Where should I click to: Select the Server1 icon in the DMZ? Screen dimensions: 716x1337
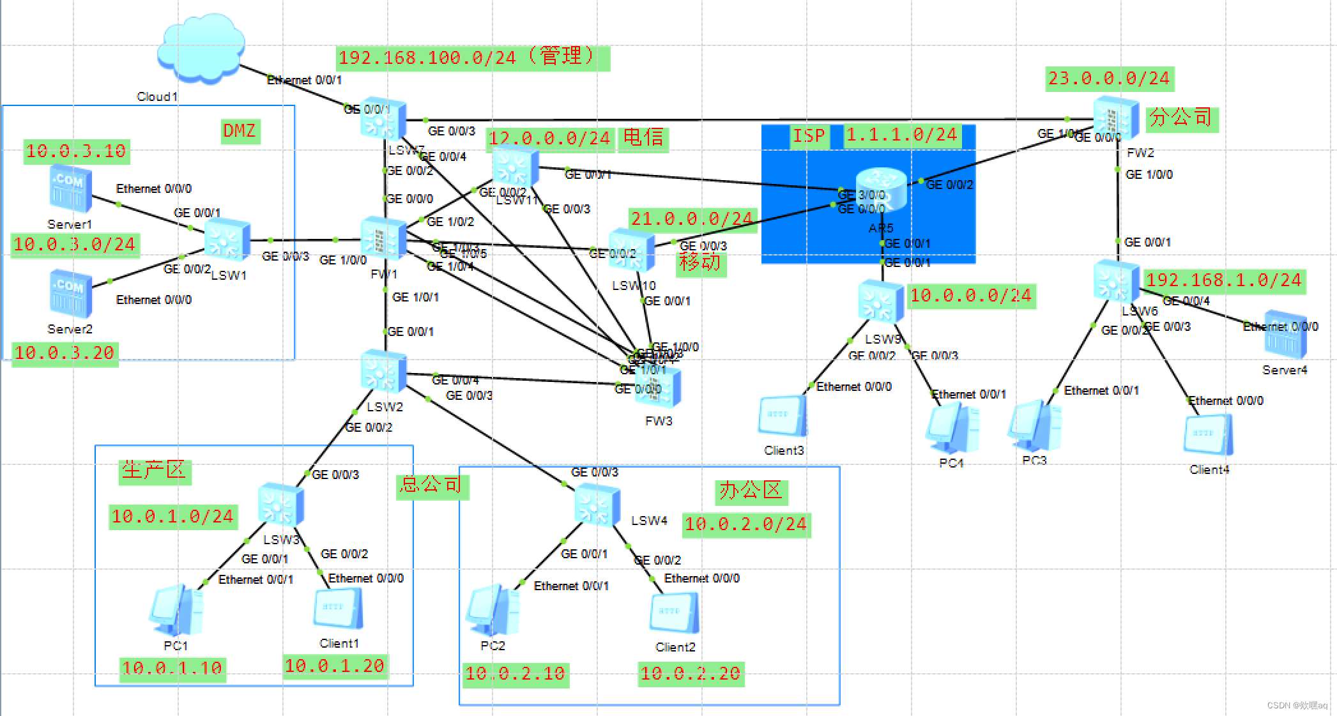[x=70, y=190]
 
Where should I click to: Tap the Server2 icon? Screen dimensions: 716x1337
[x=70, y=294]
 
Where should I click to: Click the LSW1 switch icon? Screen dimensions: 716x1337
[x=227, y=240]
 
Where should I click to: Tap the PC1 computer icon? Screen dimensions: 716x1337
[x=176, y=609]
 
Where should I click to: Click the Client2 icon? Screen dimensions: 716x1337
[x=674, y=614]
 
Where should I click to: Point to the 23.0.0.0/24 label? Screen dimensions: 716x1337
[x=1109, y=79]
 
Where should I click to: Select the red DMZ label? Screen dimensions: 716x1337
[x=240, y=131]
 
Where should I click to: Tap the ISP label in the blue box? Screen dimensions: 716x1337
[x=809, y=135]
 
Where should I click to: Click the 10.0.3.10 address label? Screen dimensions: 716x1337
[x=76, y=151]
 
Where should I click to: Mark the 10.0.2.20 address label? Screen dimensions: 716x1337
[x=691, y=673]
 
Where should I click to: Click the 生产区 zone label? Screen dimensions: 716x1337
[x=154, y=471]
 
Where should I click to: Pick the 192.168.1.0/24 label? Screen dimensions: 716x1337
[x=1223, y=280]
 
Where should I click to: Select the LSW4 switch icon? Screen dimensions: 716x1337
[x=597, y=505]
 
